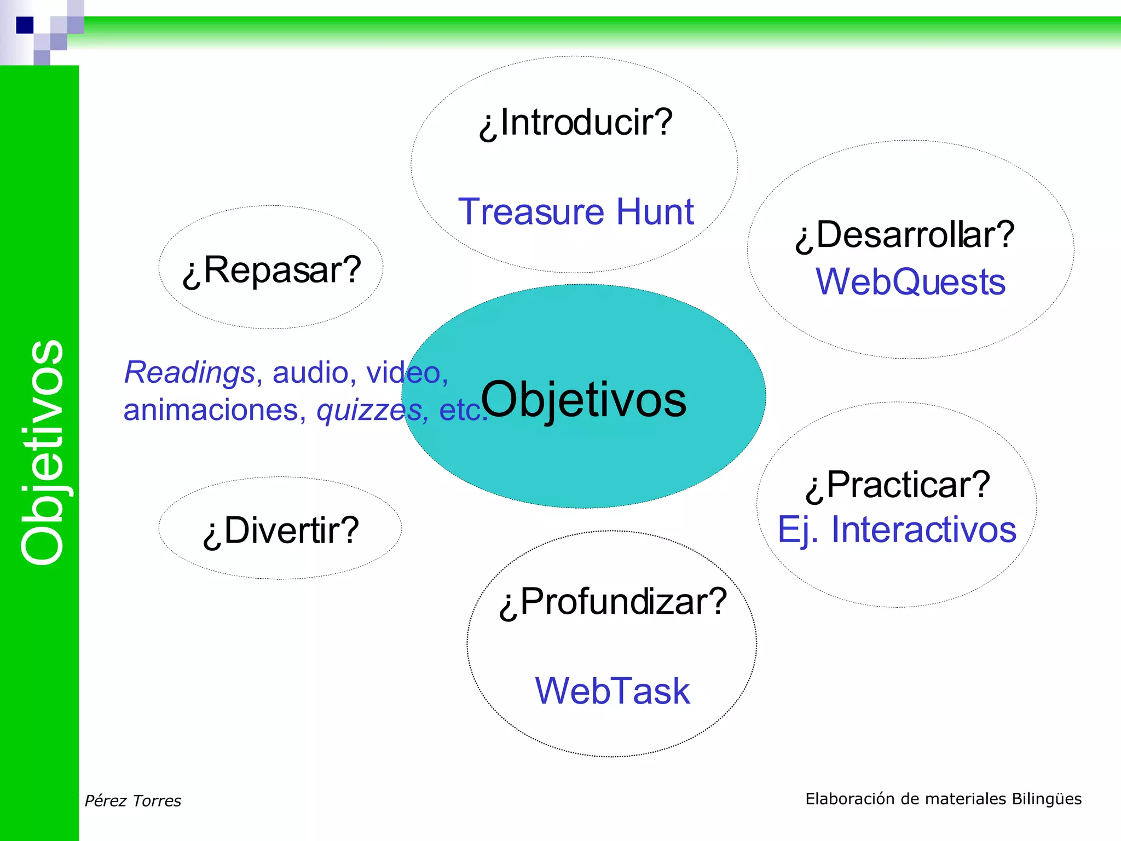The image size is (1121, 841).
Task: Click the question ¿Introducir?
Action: (575, 122)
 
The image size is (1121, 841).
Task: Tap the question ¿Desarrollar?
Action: (905, 235)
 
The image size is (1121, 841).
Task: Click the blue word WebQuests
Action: (910, 282)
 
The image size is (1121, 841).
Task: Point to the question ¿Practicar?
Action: (898, 485)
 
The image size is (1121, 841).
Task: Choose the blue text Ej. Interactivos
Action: (897, 530)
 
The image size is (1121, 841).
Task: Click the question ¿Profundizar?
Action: (612, 602)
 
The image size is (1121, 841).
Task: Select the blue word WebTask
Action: (612, 691)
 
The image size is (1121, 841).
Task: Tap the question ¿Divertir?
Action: (280, 531)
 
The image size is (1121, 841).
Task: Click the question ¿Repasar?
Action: (271, 270)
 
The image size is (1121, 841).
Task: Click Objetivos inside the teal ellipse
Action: (583, 400)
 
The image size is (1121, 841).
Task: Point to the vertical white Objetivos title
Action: (43, 452)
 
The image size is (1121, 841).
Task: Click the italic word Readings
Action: (189, 373)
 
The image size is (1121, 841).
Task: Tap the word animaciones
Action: (211, 410)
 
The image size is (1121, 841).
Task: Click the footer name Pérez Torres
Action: (133, 801)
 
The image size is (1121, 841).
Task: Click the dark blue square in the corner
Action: (25, 25)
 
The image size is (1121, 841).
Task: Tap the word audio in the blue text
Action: (310, 373)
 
